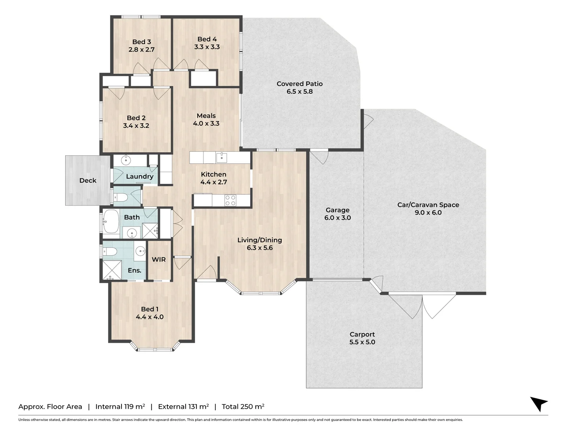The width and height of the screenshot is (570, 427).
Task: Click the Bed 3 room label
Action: click(141, 42)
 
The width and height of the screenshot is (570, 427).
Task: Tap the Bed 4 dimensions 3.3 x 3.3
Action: click(207, 47)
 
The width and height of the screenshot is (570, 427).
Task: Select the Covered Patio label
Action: click(299, 84)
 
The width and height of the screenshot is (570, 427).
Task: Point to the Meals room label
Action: click(206, 116)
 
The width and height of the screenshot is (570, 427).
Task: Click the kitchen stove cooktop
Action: click(230, 200)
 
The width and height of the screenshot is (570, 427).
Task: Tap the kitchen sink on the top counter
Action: click(221, 158)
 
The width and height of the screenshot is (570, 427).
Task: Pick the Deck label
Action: click(87, 180)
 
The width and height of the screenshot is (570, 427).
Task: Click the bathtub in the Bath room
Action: click(111, 221)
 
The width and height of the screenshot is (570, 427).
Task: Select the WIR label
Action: click(159, 259)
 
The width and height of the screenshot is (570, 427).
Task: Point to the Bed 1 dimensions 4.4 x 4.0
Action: click(150, 317)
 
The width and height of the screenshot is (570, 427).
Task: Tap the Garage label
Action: click(337, 210)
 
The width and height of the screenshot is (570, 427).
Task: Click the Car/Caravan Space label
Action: click(428, 205)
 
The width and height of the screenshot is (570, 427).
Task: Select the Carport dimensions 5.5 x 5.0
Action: click(362, 342)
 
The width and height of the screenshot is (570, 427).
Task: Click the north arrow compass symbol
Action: click(539, 404)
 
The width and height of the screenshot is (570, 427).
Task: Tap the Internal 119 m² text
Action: click(120, 406)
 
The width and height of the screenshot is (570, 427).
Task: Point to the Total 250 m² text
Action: click(243, 406)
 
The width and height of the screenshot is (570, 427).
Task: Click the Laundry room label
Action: click(139, 176)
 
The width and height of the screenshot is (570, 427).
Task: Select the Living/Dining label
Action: click(259, 240)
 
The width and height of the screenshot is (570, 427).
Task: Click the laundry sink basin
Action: click(125, 160)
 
